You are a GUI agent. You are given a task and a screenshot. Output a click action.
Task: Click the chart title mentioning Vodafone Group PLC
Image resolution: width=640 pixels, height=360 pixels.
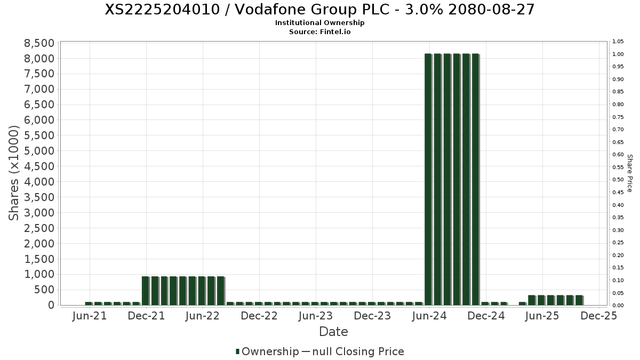[x=319, y=10]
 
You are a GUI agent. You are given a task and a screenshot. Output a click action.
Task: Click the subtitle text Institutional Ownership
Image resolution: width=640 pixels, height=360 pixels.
[x=319, y=23]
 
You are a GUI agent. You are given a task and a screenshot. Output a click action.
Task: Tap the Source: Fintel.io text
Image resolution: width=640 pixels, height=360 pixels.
[x=319, y=32]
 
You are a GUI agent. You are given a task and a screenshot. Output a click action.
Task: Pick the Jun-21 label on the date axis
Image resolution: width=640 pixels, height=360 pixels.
[x=89, y=316]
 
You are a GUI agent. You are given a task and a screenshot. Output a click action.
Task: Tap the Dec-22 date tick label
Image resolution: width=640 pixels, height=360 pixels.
[x=259, y=316]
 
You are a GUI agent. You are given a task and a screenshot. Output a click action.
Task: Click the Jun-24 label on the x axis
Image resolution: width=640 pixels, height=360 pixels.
[x=429, y=316]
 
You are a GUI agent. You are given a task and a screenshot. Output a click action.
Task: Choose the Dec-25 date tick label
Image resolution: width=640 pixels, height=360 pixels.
[x=599, y=316]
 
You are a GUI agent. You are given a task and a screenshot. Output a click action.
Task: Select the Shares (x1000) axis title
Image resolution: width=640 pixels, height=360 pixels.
[x=14, y=173]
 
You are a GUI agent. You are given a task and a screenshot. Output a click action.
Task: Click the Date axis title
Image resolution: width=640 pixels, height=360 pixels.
[x=333, y=332]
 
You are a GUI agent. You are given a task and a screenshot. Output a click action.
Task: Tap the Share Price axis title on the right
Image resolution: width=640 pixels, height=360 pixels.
[x=629, y=173]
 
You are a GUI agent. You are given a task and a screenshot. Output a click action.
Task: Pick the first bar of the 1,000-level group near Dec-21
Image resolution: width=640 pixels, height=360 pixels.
[x=145, y=291]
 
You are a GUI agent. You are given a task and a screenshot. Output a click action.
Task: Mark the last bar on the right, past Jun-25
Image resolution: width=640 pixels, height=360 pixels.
[x=579, y=300]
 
